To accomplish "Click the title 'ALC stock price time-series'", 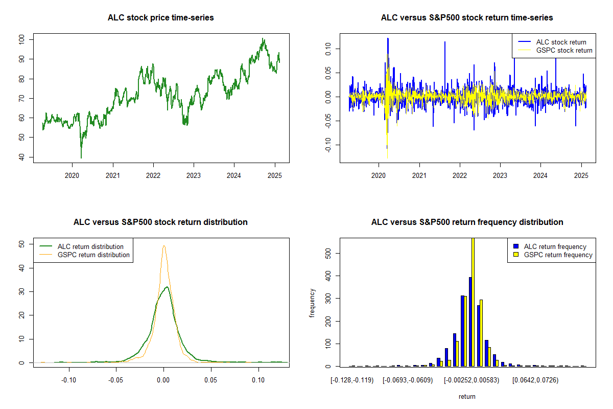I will coord(161,18).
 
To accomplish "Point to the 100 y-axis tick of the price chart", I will coord(21,39).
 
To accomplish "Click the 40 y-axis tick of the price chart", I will coord(21,157).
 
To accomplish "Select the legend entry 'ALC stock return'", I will coord(561,42).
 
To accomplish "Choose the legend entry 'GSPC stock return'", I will coord(564,50).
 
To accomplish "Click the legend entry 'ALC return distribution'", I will coord(90,246).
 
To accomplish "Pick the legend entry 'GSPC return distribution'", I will coord(93,255).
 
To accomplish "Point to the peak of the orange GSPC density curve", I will coord(164,246).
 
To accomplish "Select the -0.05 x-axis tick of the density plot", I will coord(116,380).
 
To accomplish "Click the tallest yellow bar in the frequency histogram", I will coord(473,302).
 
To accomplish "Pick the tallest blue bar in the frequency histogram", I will coord(470,322).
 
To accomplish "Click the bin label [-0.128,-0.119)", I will coord(352,380).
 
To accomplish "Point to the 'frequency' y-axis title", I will coord(312,303).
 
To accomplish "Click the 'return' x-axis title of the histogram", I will coord(467,396).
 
